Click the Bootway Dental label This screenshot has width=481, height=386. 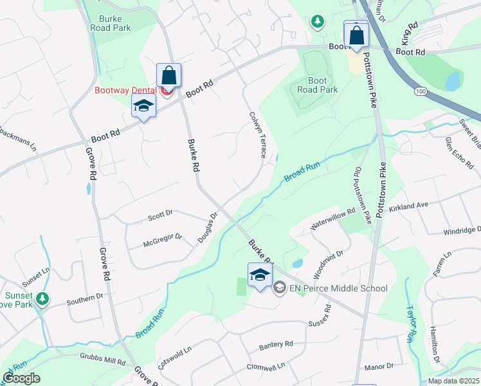[x=125, y=90]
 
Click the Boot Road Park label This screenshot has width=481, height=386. [x=318, y=85]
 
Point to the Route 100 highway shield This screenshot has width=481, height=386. [x=420, y=92]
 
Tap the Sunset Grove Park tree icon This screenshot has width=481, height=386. [x=42, y=299]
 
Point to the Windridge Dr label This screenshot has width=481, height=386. [x=462, y=230]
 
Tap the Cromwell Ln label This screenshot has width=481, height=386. [x=266, y=367]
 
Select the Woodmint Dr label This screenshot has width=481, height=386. [x=330, y=262]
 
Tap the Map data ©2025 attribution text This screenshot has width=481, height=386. [x=453, y=381]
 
